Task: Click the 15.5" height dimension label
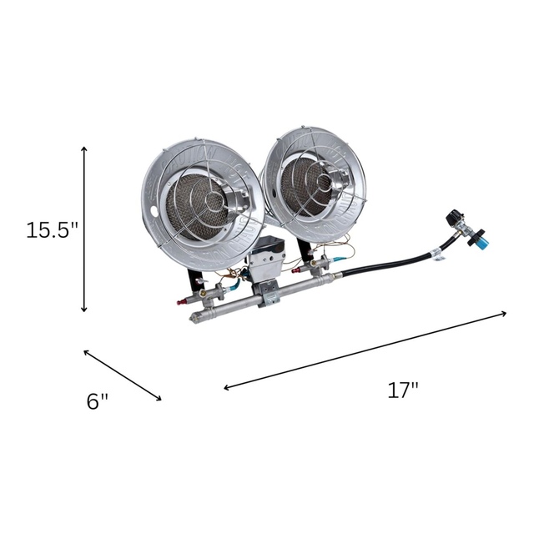[51, 229]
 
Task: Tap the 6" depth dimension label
[98, 400]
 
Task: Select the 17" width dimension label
[403, 390]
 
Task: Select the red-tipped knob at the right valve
[298, 273]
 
